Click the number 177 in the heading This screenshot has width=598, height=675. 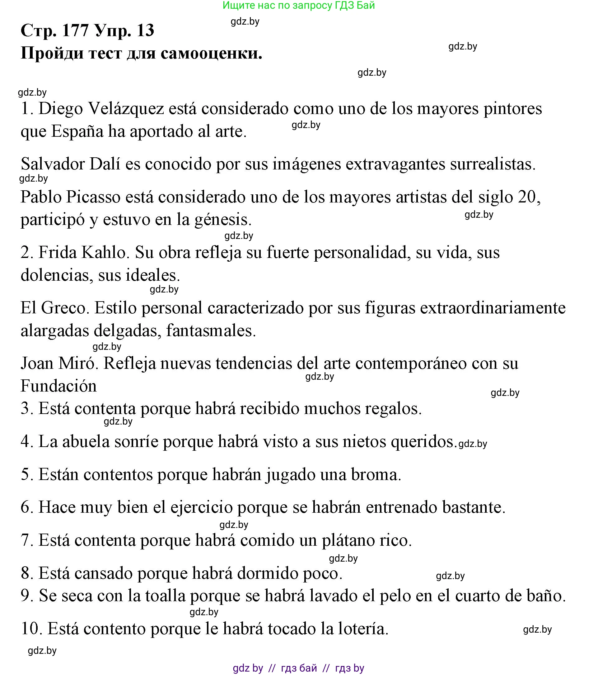click(x=75, y=31)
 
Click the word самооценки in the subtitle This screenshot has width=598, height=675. click(x=211, y=53)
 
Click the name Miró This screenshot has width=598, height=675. click(x=78, y=363)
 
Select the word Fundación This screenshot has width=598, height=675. click(x=58, y=386)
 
